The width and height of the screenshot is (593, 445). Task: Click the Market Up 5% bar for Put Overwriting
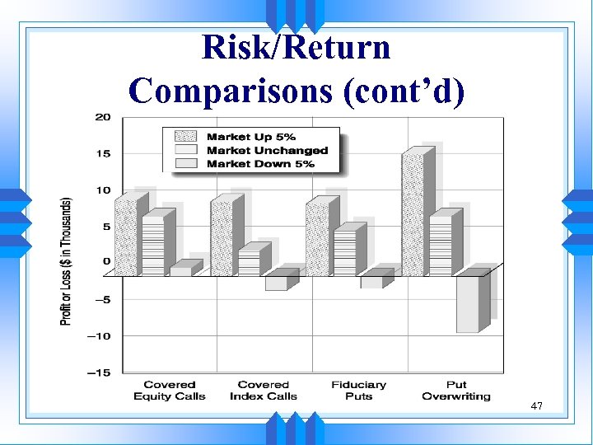[x=413, y=214]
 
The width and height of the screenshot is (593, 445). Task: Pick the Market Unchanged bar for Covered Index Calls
[x=249, y=264]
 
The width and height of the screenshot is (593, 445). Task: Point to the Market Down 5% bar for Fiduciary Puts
[x=371, y=282]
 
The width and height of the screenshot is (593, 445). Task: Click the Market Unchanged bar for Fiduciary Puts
[x=344, y=254]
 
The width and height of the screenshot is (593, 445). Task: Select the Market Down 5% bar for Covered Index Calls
[x=276, y=283]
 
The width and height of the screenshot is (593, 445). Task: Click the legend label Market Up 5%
[x=251, y=137]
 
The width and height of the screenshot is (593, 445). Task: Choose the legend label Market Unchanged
[x=267, y=151]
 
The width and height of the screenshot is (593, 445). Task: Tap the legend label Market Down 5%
[x=260, y=164]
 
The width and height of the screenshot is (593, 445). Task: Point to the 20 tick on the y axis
[x=103, y=117]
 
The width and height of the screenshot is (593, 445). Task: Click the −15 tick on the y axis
[x=99, y=373]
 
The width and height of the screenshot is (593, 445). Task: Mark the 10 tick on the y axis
[x=103, y=191]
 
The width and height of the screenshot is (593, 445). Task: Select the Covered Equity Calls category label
[x=170, y=391]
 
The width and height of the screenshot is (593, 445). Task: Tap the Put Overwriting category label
[x=455, y=391]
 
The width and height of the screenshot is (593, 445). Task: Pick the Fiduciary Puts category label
[x=358, y=391]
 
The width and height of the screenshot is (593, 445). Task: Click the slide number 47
[x=536, y=406]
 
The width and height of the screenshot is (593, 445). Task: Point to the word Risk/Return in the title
[x=296, y=47]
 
